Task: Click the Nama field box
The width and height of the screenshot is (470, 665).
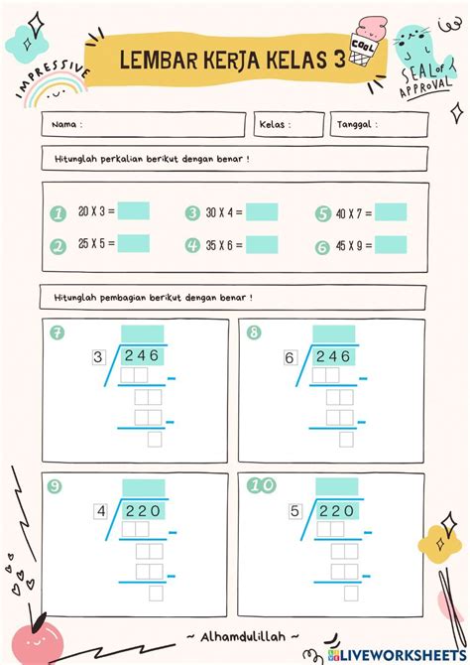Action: coord(144,125)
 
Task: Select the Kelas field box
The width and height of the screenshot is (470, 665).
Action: coord(289,125)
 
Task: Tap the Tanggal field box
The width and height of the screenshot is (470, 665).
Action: coord(380,125)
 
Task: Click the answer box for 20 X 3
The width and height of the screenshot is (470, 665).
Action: coord(133,210)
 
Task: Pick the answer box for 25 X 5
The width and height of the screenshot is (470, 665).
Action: coord(133,243)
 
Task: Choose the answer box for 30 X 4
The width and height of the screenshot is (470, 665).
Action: coord(262,211)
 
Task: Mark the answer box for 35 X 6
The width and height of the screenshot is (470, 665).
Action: coord(262,244)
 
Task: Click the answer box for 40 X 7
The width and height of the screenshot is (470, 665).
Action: coord(391,211)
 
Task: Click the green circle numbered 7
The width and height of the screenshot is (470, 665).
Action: coord(58,332)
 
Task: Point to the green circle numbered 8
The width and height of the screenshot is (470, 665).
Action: coord(254,332)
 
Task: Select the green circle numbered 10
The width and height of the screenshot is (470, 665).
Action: coord(261,486)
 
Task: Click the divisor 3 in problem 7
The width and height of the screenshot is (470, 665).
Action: coord(97,357)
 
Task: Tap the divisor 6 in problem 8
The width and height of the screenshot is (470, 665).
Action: coord(290,357)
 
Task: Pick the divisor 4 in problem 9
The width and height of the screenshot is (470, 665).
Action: coord(100,511)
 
